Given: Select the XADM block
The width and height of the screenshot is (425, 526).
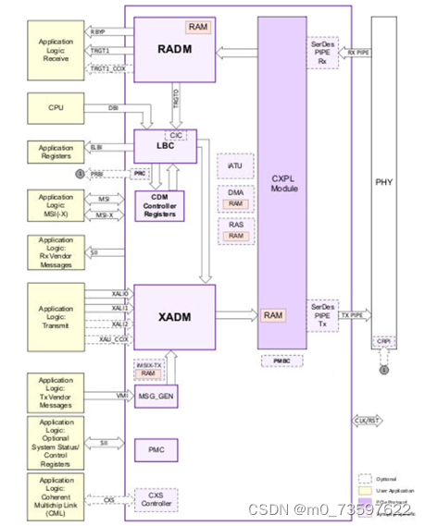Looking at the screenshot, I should (174, 316).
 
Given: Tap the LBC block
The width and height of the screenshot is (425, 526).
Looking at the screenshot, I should (165, 147).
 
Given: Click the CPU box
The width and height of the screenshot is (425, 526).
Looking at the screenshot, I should (56, 108).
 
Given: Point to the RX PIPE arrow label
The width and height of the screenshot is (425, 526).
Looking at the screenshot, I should (358, 53).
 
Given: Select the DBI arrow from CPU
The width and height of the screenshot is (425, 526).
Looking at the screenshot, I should (114, 108).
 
